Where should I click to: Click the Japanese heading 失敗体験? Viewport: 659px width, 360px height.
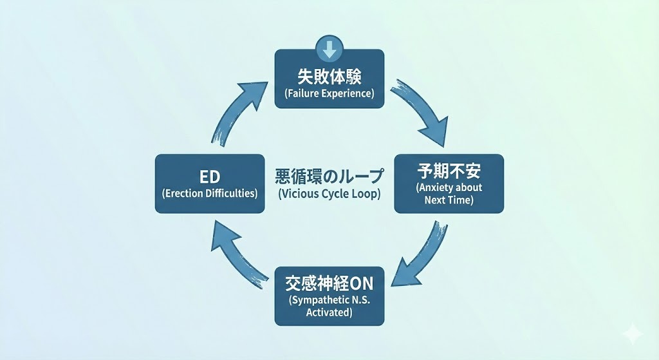[329, 77]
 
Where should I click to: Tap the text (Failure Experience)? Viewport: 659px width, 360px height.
[329, 93]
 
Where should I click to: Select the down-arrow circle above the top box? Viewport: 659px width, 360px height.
[329, 48]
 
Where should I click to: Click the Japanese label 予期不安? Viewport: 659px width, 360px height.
[449, 171]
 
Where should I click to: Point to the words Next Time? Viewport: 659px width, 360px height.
[449, 200]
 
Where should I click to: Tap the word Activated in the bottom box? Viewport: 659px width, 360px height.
[329, 312]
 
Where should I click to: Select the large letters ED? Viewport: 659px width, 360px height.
[210, 177]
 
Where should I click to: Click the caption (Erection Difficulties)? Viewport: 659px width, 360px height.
[210, 193]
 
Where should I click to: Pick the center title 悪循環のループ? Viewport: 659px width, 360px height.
[329, 176]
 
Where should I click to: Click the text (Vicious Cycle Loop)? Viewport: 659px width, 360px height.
[329, 193]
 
